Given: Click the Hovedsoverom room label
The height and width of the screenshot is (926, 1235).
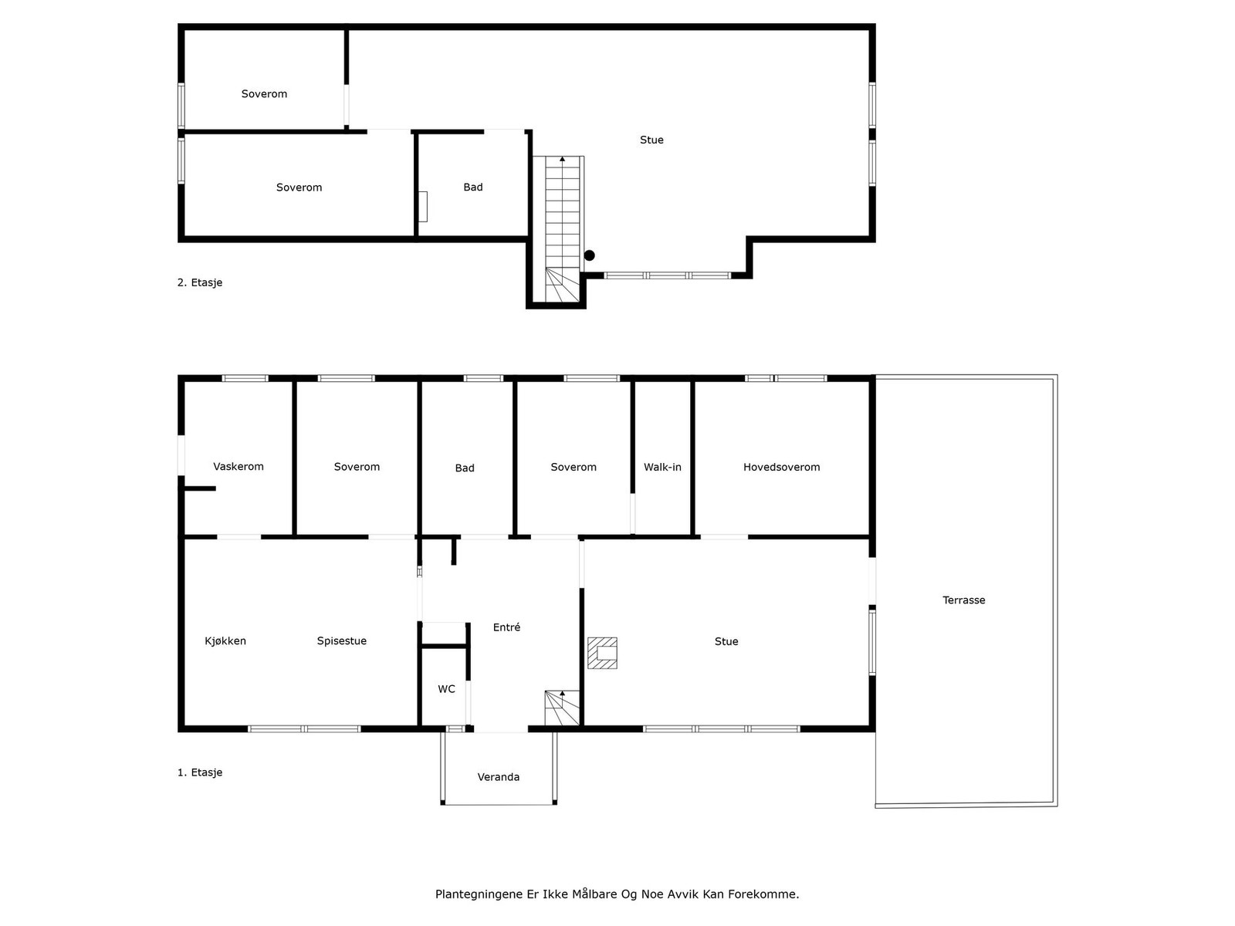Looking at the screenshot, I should pyautogui.click(x=781, y=467).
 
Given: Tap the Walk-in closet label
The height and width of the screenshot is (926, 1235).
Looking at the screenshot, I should pyautogui.click(x=662, y=467).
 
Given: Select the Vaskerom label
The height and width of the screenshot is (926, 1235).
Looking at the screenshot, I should pyautogui.click(x=239, y=466).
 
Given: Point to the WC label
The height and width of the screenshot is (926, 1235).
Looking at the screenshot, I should pyautogui.click(x=446, y=689).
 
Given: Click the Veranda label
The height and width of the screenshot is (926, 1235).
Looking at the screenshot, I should pyautogui.click(x=499, y=777).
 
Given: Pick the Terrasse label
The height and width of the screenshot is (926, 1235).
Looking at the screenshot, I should pyautogui.click(x=963, y=600).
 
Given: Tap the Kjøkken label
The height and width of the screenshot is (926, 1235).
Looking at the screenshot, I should pyautogui.click(x=225, y=640).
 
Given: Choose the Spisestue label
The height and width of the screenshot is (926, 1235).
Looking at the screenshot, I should pyautogui.click(x=342, y=640).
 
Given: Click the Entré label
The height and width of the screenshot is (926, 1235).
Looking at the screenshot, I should pyautogui.click(x=506, y=627).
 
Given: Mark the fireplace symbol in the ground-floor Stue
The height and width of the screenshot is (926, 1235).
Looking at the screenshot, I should pyautogui.click(x=602, y=653).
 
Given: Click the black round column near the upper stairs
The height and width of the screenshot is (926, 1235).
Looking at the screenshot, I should pyautogui.click(x=590, y=255).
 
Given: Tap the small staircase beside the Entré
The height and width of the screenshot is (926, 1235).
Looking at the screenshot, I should pyautogui.click(x=562, y=708).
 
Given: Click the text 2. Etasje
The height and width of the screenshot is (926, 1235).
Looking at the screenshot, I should pyautogui.click(x=200, y=282).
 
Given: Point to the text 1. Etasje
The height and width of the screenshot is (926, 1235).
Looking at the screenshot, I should pyautogui.click(x=200, y=772).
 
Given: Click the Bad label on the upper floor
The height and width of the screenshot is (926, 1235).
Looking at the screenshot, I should pyautogui.click(x=473, y=187).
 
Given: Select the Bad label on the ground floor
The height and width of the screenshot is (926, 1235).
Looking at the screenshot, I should pyautogui.click(x=465, y=468).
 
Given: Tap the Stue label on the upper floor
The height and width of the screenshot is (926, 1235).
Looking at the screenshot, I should pyautogui.click(x=651, y=140).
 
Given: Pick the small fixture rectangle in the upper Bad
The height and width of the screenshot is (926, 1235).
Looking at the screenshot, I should pyautogui.click(x=423, y=206).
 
